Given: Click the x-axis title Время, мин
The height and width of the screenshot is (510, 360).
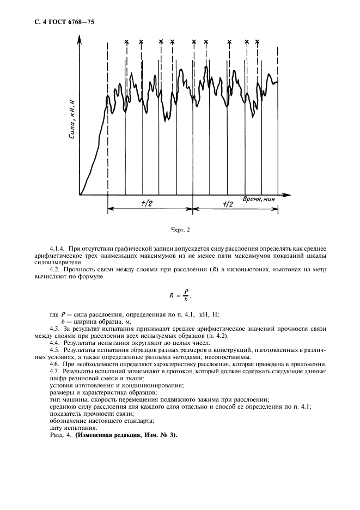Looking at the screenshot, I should (x=259, y=199).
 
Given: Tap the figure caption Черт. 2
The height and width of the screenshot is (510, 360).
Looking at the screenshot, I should (x=180, y=230).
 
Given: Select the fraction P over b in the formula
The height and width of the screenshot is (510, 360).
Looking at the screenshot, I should (x=186, y=295).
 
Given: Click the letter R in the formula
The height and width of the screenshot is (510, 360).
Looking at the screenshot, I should (x=171, y=295).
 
